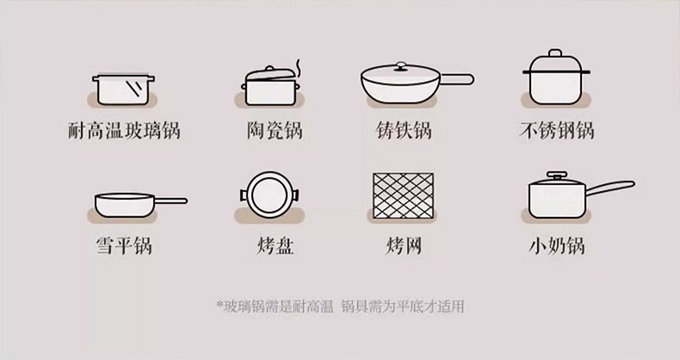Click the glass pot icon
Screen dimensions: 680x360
pos(124,90)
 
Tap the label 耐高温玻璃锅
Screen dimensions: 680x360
pos(124,131)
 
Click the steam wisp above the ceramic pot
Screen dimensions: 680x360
pos(298,66)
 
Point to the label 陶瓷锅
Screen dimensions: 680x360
pos(275,131)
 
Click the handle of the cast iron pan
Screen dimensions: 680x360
pos(457,79)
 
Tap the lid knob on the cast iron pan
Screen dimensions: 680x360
pos(401,65)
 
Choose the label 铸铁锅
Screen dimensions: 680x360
pos(404,131)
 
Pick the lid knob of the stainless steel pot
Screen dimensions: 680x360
pos(555,53)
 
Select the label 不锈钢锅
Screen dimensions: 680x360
pos(556,131)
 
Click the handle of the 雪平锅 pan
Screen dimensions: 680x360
pos(171,201)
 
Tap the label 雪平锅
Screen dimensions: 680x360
pos(124,245)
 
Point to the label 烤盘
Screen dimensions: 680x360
pos(275,245)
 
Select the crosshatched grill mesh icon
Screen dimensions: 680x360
pos(404,196)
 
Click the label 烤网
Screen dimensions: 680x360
pos(404,245)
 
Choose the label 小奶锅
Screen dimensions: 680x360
pos(556,245)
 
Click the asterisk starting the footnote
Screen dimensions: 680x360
pos(219,304)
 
